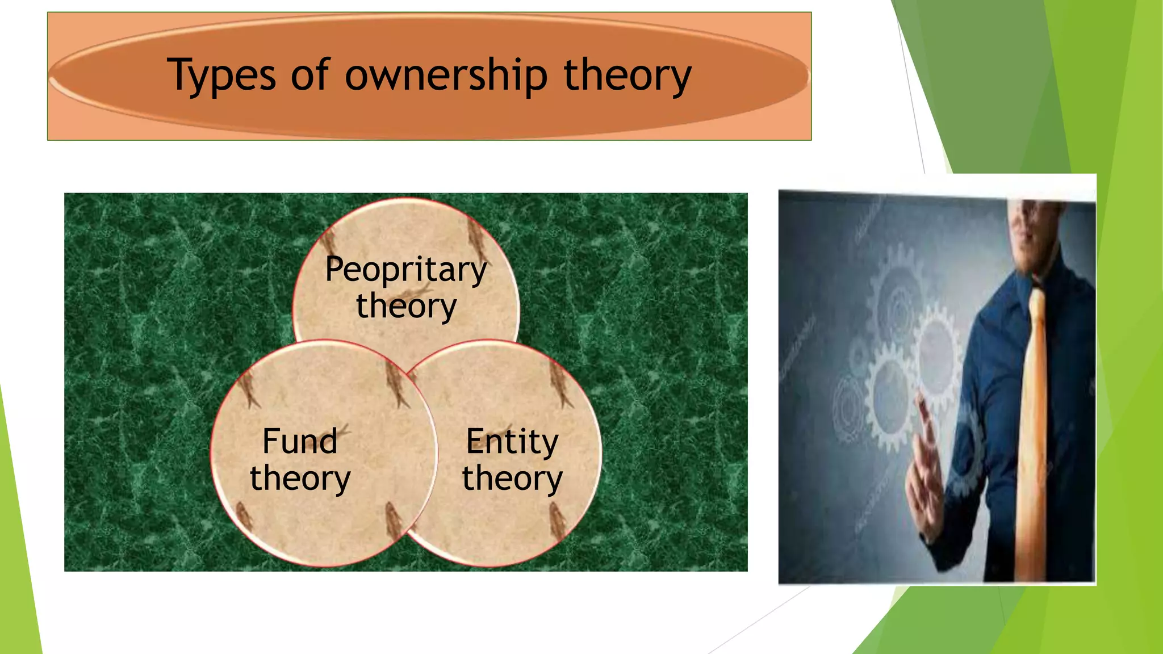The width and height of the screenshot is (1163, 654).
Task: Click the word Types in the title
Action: click(x=221, y=76)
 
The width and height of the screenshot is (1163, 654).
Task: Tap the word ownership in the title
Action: click(x=446, y=76)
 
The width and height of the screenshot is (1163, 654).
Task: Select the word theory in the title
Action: click(x=627, y=76)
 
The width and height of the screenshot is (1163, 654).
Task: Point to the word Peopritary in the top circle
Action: click(x=406, y=269)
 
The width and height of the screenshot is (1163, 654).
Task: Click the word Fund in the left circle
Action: click(x=300, y=442)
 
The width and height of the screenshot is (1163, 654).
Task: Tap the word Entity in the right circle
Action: click(x=512, y=442)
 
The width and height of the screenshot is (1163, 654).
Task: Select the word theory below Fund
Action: click(x=300, y=478)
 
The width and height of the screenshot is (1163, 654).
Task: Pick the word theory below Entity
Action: click(x=512, y=478)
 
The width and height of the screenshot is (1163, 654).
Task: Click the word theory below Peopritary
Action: click(x=406, y=306)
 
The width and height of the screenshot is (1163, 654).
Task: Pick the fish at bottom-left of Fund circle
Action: click(x=244, y=517)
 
